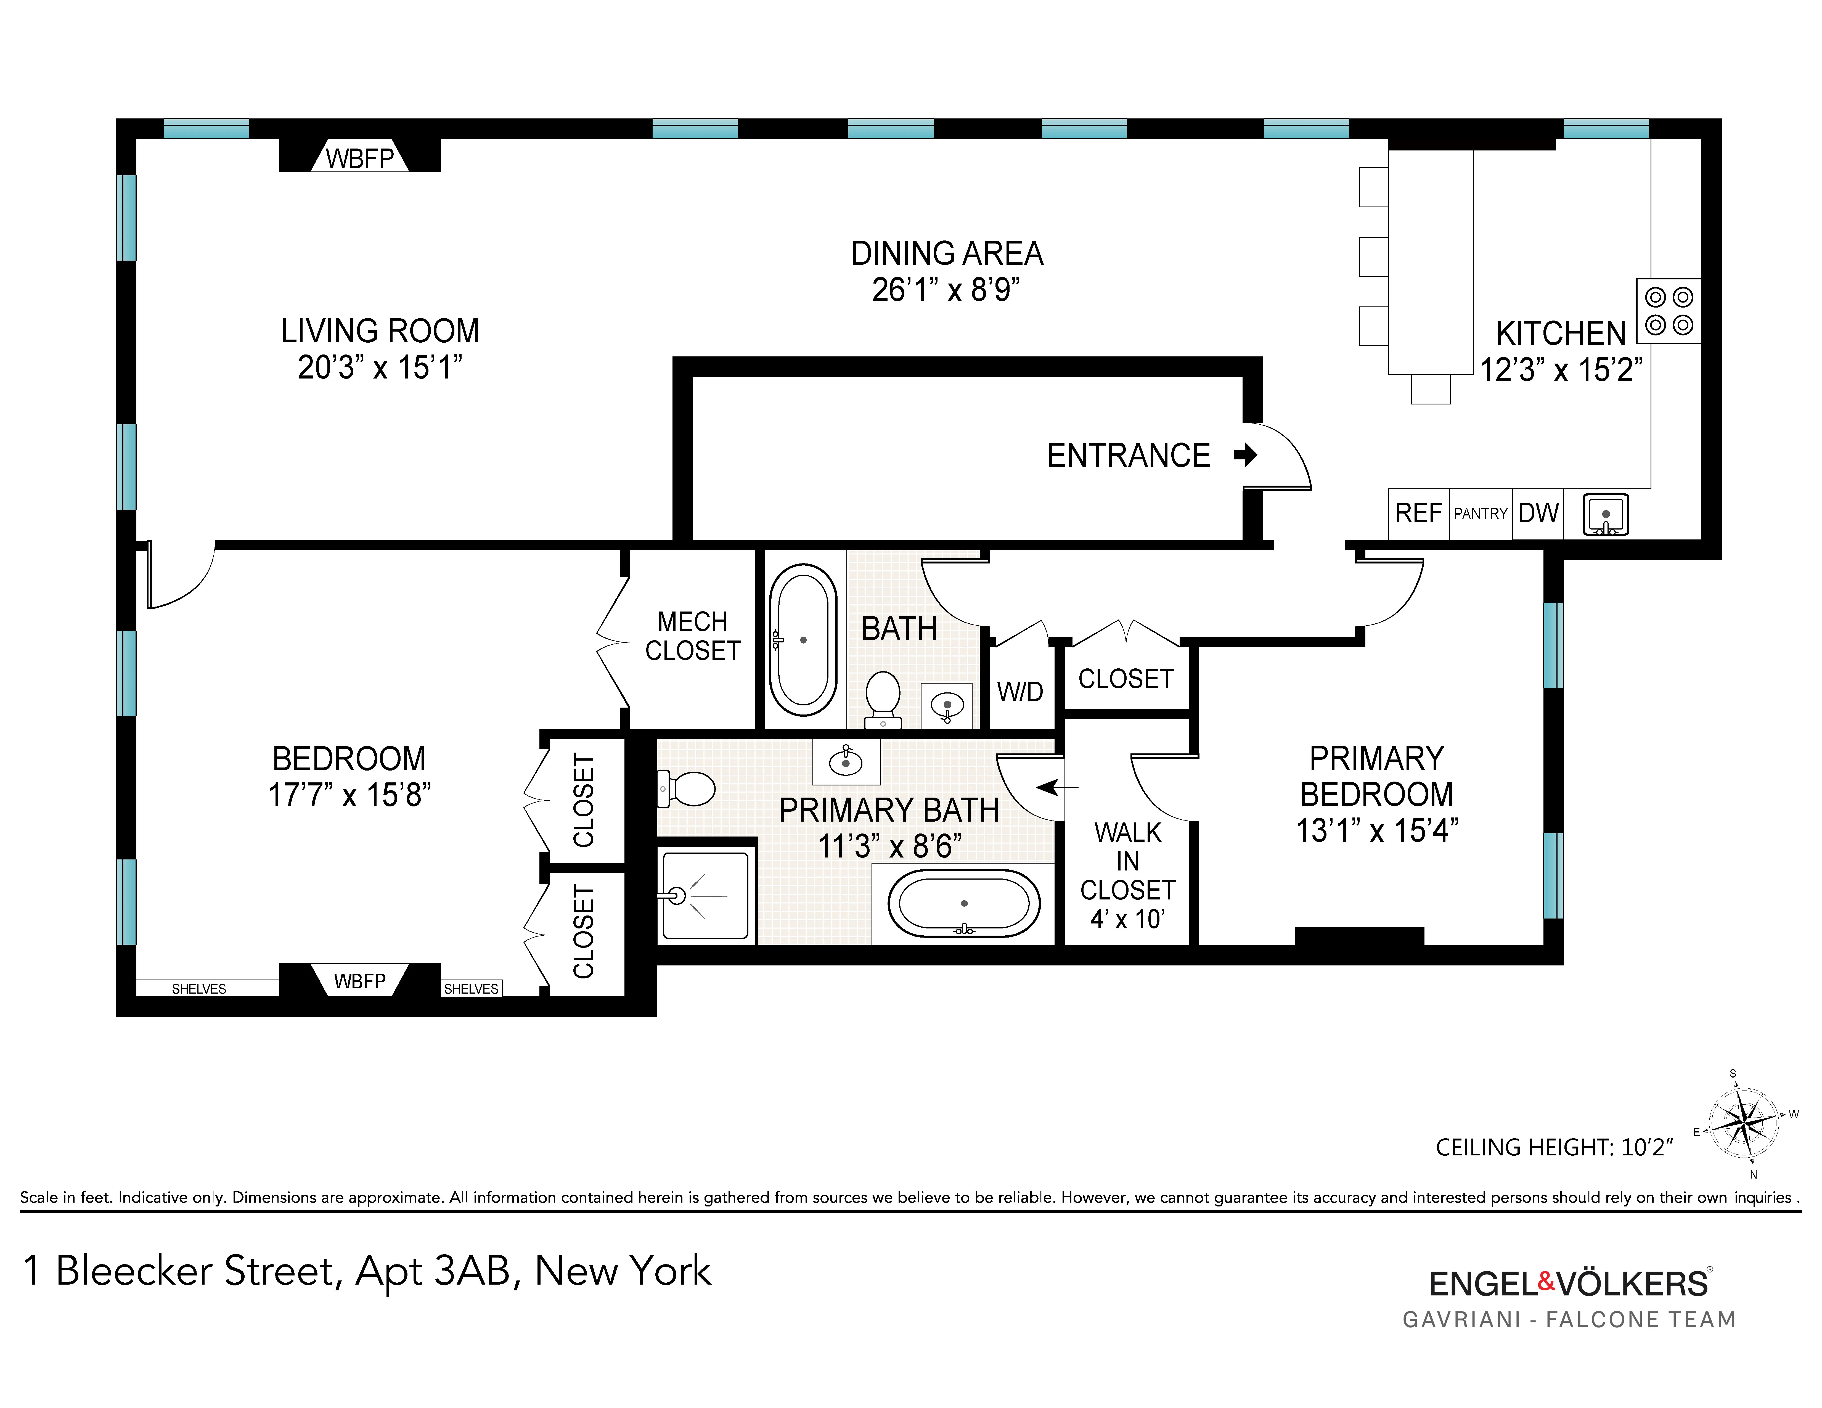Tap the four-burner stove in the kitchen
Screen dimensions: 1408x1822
pos(1669,310)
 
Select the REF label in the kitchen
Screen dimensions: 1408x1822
pos(1418,513)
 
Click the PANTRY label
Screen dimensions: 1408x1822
pos(1481,514)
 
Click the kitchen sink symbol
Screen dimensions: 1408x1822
pos(1606,515)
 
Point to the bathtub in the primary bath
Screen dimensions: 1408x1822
pos(963,903)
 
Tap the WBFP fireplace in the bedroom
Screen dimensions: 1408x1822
pos(359,981)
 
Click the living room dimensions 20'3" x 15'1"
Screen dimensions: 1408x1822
pos(380,367)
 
